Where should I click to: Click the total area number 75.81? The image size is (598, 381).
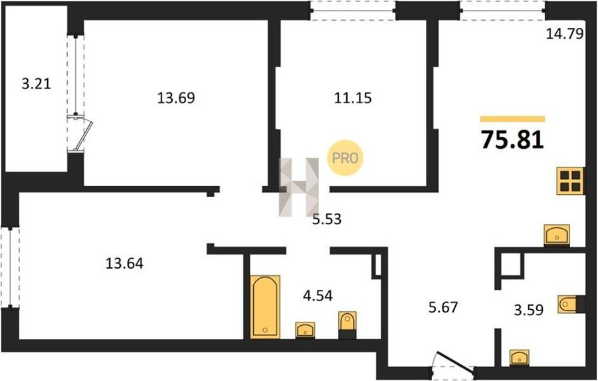pos(512,140)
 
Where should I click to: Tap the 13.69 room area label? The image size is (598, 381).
pos(176,98)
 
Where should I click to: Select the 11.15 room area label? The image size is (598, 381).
pos(353,98)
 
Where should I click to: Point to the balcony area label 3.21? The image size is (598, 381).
pos(37,84)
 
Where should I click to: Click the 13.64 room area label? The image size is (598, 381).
pos(124,263)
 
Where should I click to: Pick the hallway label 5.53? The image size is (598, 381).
pos(327,219)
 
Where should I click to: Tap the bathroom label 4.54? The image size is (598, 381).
pos(318,295)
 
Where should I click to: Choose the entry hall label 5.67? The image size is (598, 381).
pos(443,307)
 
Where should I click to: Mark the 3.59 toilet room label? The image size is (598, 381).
pos(529,310)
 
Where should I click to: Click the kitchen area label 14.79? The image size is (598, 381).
pos(565,35)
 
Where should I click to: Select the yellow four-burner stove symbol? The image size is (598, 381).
pos(570,181)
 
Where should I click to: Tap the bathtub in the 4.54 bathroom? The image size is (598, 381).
pos(265,307)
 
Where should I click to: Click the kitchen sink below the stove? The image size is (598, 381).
pos(557,235)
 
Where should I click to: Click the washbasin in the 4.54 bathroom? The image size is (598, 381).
pos(305,330)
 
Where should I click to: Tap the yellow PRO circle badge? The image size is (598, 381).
pos(345,158)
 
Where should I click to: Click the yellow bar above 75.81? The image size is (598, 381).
pos(512,119)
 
